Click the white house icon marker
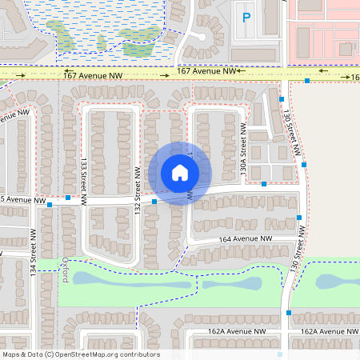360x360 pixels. pyautogui.click(x=180, y=172)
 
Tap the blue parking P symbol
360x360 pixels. pyautogui.click(x=246, y=17)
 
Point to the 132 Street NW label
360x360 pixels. pyautogui.click(x=138, y=190)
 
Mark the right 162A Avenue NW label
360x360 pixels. pyautogui.click(x=328, y=330)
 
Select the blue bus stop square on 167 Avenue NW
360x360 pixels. pyautogui.click(x=307, y=81)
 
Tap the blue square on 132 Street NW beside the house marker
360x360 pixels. pyautogui.click(x=154, y=202)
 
